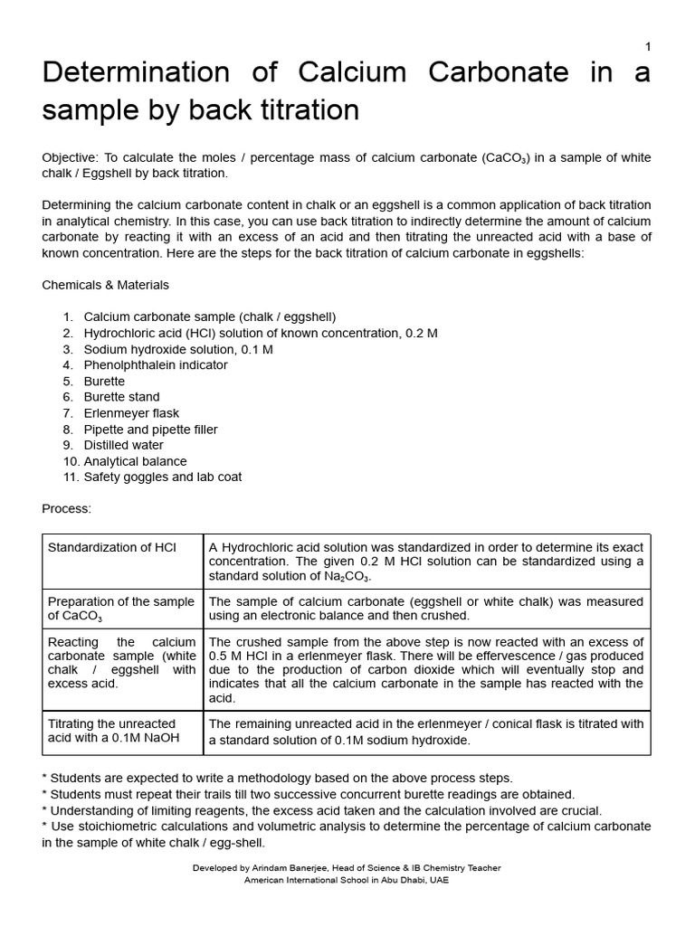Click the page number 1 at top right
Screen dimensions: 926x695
pyautogui.click(x=647, y=47)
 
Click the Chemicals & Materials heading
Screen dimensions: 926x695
pyautogui.click(x=105, y=285)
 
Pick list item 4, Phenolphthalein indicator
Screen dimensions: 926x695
pyautogui.click(x=156, y=365)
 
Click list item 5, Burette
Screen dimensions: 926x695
pyautogui.click(x=104, y=382)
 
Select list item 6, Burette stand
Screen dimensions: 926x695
pyautogui.click(x=121, y=397)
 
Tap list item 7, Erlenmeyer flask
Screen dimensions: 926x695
pyautogui.click(x=130, y=413)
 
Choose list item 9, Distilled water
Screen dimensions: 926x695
pyautogui.click(x=124, y=445)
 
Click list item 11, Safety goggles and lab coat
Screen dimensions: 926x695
pyautogui.click(x=163, y=477)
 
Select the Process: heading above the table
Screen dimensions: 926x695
pyautogui.click(x=67, y=508)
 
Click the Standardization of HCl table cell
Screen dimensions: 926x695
pyautogui.click(x=112, y=548)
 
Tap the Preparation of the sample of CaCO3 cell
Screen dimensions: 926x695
pyautogui.click(x=120, y=609)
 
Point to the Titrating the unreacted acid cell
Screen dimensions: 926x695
pyautogui.click(x=112, y=731)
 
